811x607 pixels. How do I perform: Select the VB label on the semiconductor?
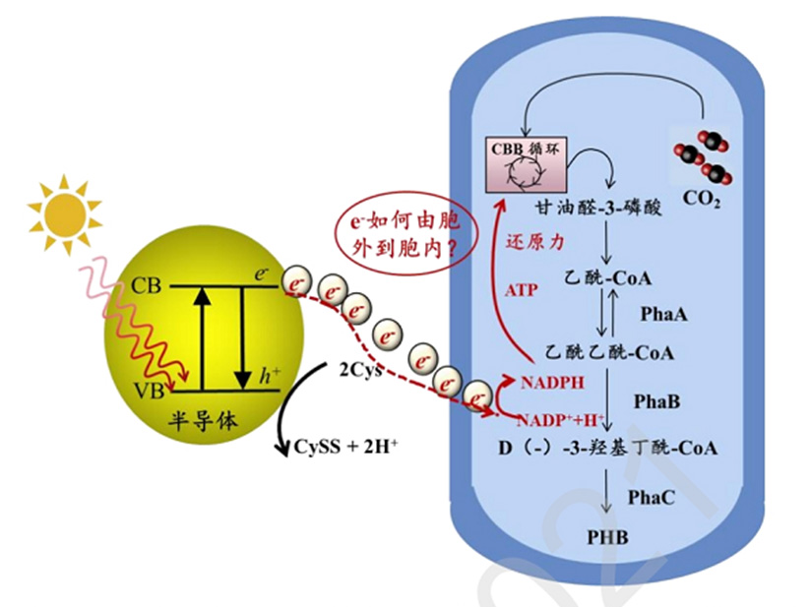point(145,392)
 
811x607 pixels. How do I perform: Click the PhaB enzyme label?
point(657,401)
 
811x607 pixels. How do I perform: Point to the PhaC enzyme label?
point(651,498)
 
